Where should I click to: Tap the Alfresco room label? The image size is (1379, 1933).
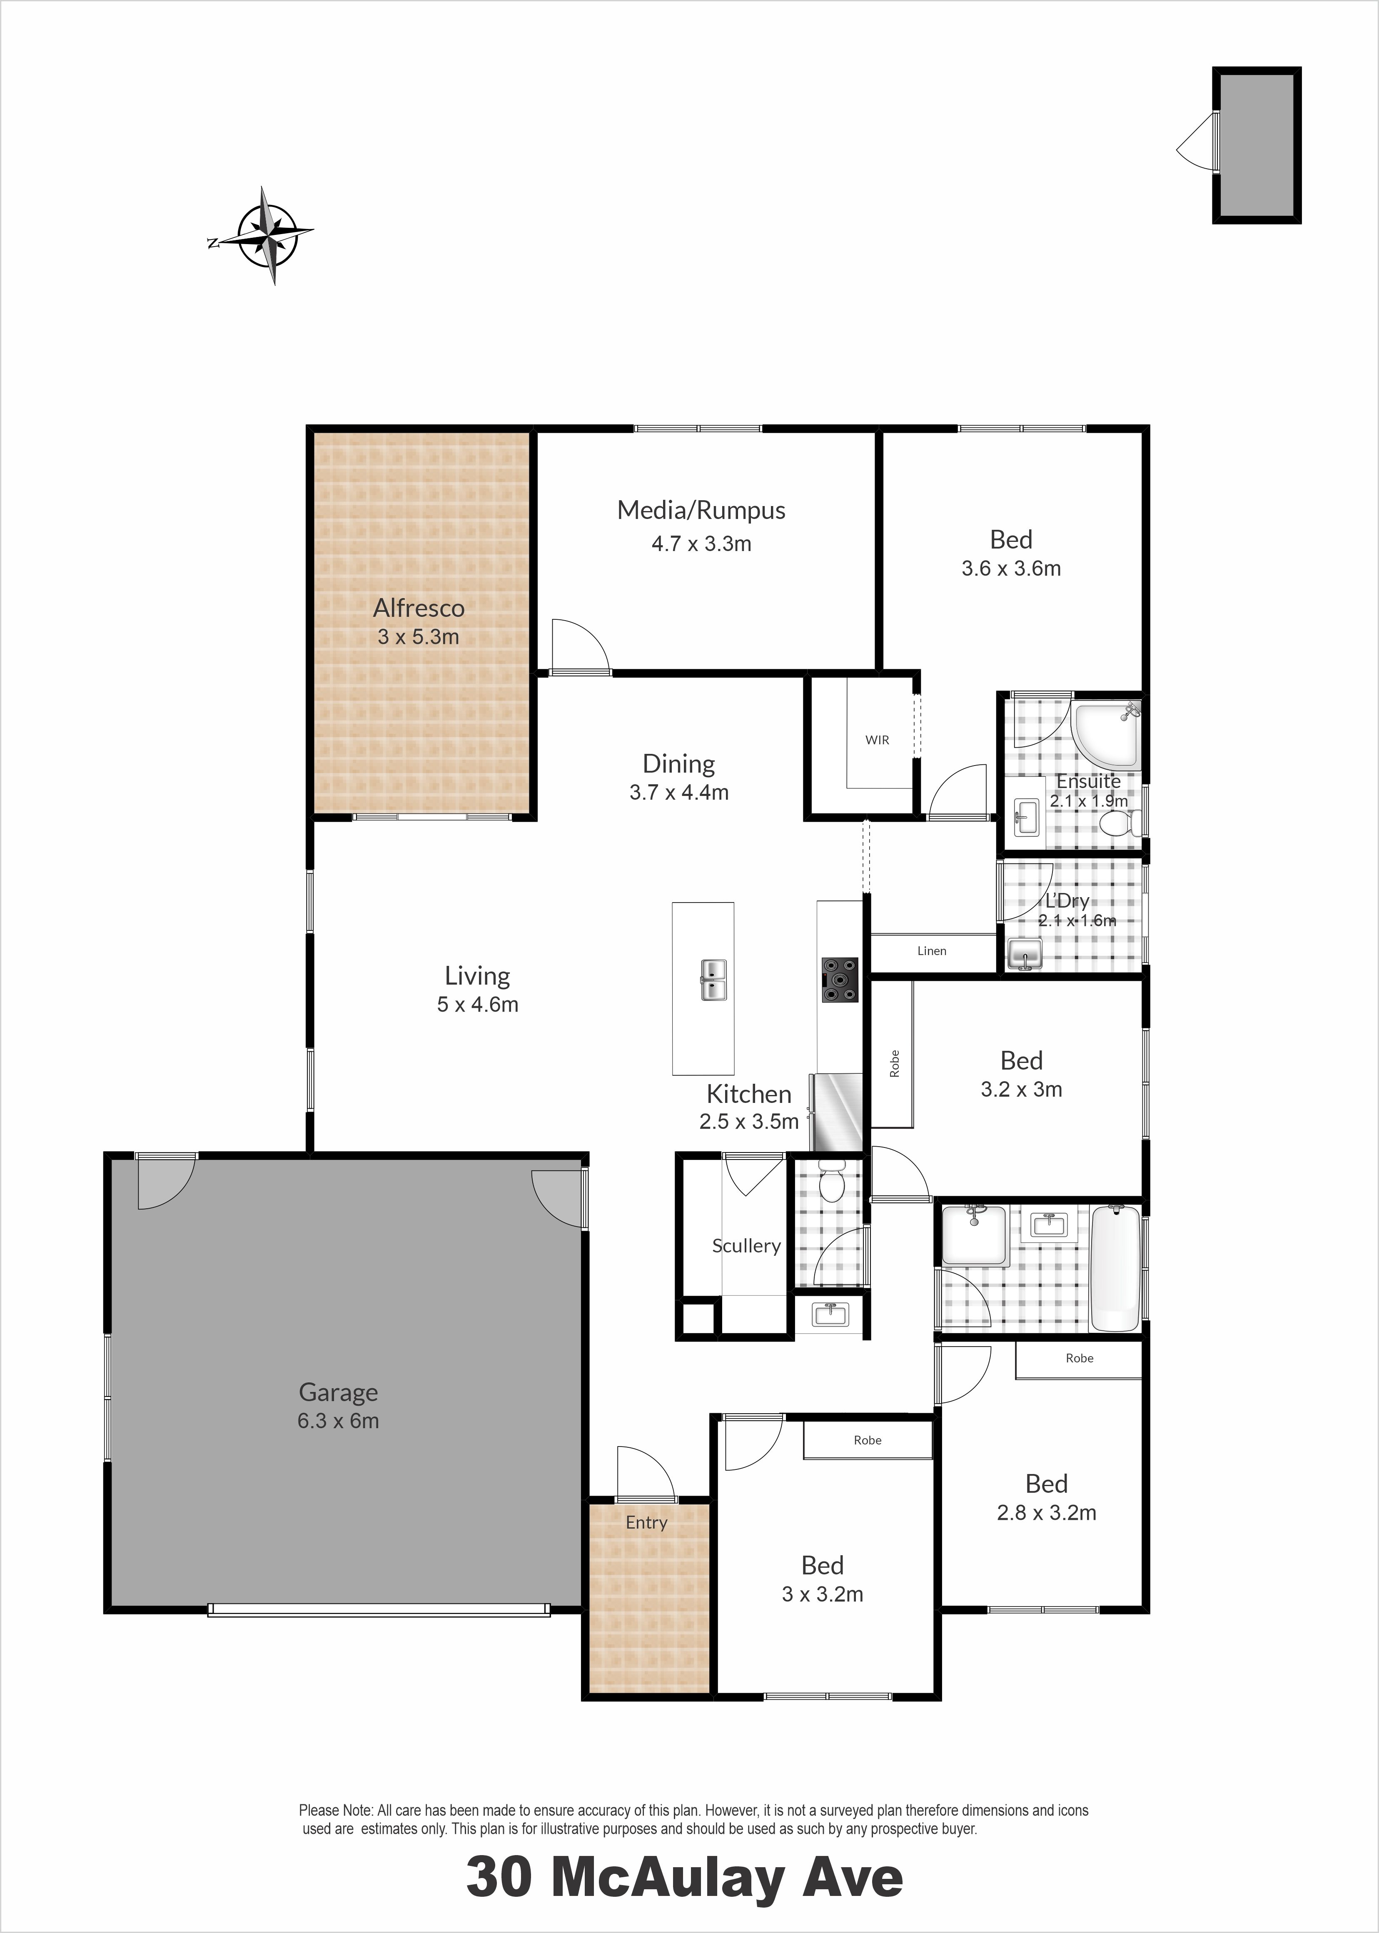pos(419,608)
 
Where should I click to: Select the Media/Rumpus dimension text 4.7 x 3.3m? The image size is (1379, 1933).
pos(701,543)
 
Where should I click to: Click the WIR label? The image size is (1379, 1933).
pos(877,740)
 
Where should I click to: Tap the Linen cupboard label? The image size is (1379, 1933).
pos(932,951)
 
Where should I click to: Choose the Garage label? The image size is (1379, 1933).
pos(338,1392)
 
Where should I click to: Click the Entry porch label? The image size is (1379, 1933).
pos(646,1522)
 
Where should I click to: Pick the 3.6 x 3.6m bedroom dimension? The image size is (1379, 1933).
pos(1011,569)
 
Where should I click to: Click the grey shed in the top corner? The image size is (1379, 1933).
pos(1257,145)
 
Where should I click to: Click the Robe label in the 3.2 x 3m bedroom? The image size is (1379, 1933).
pos(894,1064)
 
